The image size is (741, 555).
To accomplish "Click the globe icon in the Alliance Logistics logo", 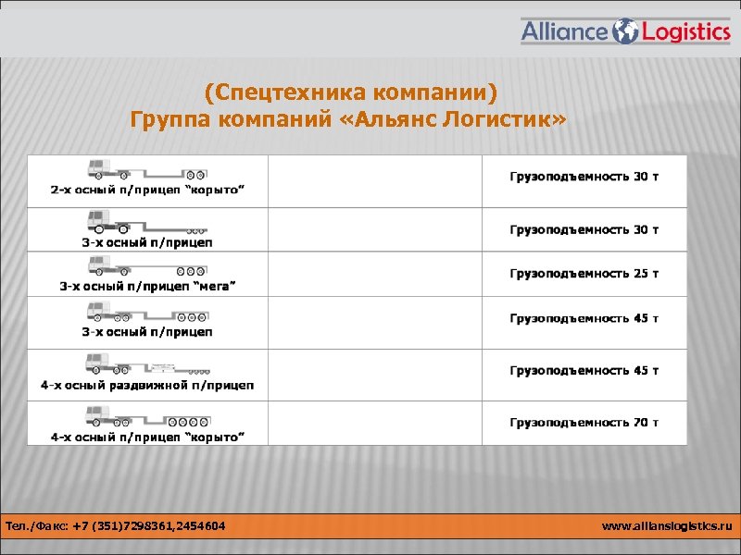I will click(626, 31).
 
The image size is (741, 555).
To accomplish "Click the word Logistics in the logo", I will click(685, 32).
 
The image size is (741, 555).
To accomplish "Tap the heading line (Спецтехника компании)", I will click(351, 93).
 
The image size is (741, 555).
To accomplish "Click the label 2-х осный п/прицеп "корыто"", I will click(147, 190).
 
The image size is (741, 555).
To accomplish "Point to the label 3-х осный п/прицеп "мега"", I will click(147, 286).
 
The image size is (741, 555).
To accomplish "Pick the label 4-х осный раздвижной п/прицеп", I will click(147, 385).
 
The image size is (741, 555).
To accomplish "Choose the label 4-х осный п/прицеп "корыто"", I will click(147, 436).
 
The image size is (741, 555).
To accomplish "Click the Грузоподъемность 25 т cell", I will click(584, 274).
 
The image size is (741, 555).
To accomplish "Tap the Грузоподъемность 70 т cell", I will click(584, 423).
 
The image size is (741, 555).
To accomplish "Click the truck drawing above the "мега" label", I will click(146, 266).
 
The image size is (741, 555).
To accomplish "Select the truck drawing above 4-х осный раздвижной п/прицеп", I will click(146, 364).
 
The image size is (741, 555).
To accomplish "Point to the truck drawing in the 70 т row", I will click(146, 415).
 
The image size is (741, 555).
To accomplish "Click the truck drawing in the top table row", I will click(146, 169).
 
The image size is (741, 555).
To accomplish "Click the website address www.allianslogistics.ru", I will click(667, 526).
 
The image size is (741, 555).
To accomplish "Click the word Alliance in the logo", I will click(565, 32).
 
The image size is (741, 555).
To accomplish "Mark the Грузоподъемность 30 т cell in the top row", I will click(584, 176).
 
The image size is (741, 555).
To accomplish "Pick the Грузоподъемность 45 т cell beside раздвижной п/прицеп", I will click(584, 371).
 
